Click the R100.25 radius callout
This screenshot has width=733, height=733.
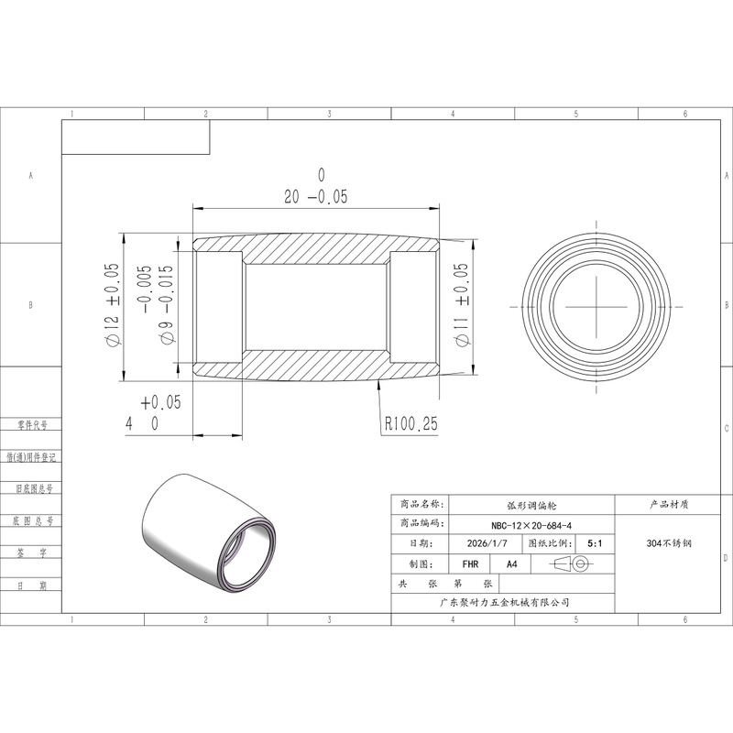pyautogui.click(x=410, y=423)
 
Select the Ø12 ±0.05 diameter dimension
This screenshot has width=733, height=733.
pyautogui.click(x=112, y=305)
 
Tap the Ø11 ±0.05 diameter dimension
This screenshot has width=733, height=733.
pyautogui.click(x=462, y=305)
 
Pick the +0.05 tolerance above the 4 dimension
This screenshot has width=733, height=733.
pyautogui.click(x=161, y=402)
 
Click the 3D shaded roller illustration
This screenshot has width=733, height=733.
pyautogui.click(x=209, y=534)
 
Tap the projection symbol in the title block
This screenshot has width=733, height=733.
pyautogui.click(x=571, y=563)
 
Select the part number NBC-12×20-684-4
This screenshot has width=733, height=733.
pyautogui.click(x=531, y=525)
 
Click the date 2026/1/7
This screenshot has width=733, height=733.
pyautogui.click(x=487, y=543)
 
